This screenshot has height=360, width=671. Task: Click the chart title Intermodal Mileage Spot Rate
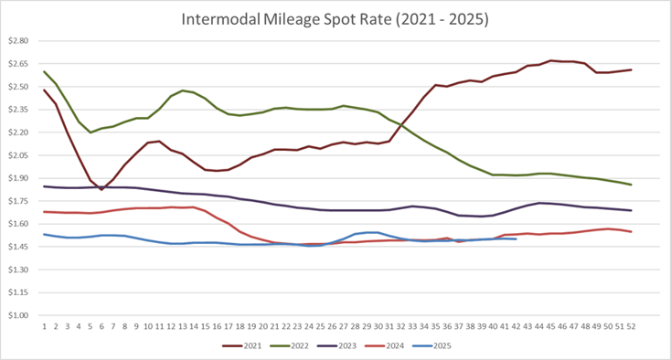pos(335,18)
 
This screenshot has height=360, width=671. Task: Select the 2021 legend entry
pos(244,346)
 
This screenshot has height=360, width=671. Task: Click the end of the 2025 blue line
pos(517,239)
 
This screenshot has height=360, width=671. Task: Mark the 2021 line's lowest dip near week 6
pos(101,189)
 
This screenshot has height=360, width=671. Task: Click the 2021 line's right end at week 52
pos(631,69)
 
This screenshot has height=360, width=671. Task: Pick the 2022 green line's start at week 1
pos(44,71)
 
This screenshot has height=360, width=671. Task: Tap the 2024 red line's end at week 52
pos(631,231)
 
